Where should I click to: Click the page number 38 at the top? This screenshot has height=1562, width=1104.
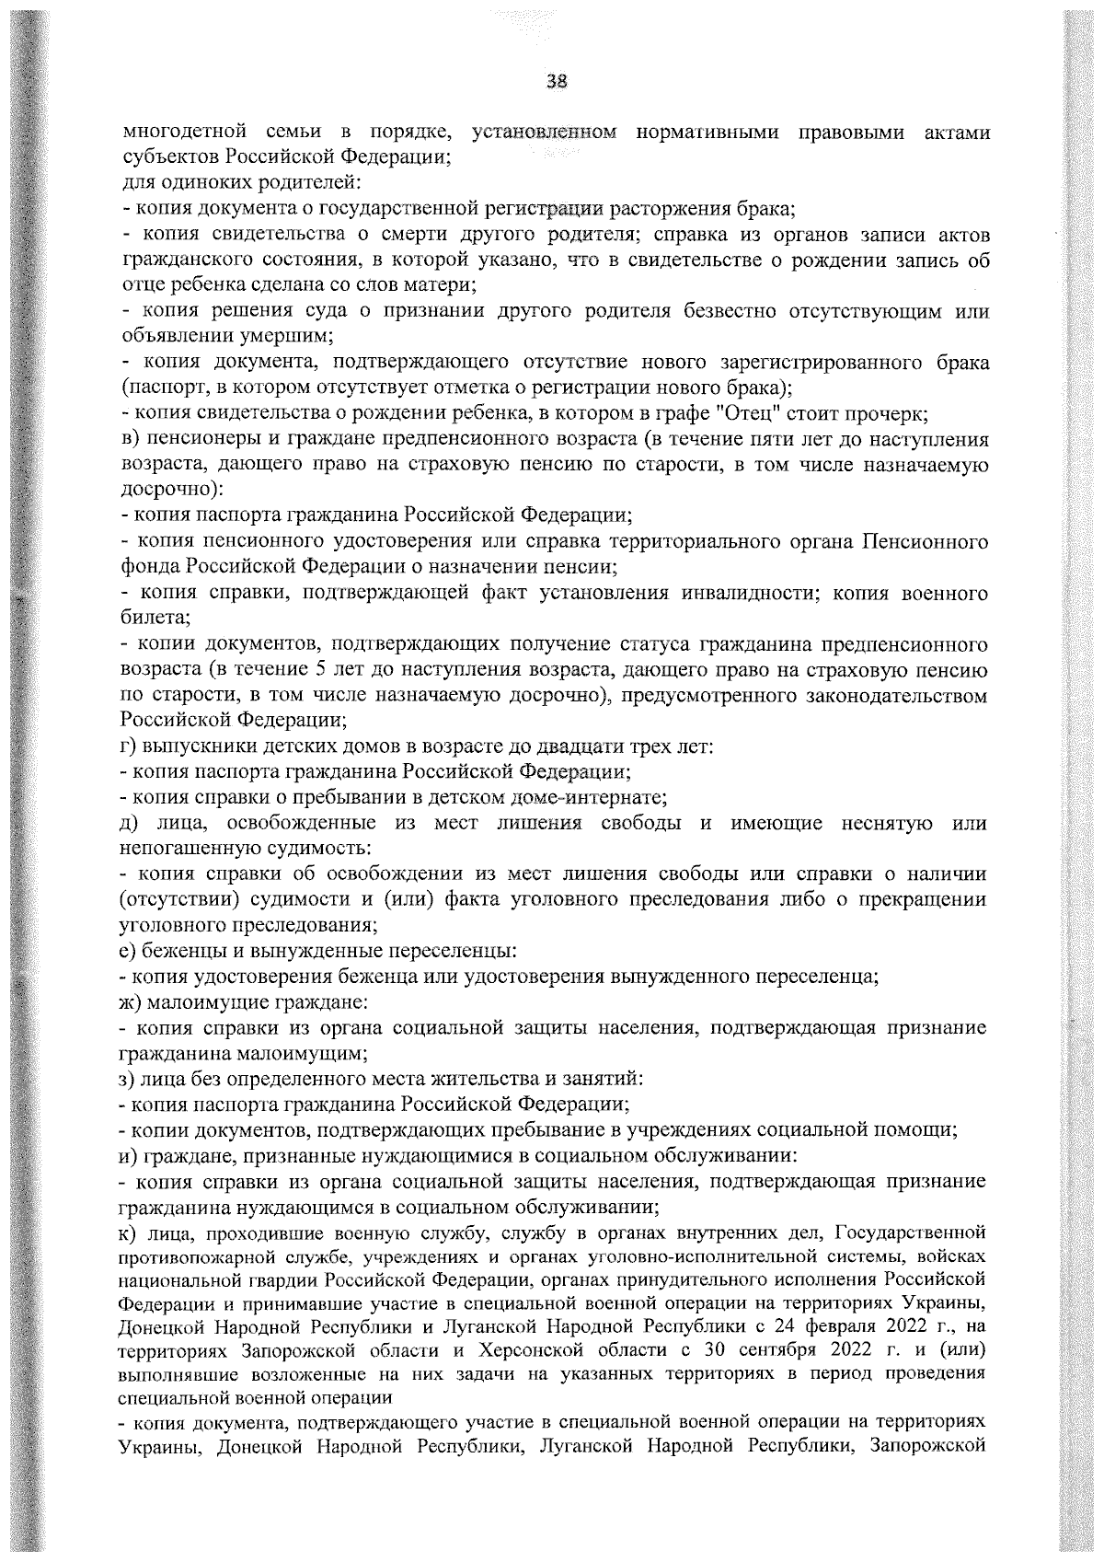(555, 82)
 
